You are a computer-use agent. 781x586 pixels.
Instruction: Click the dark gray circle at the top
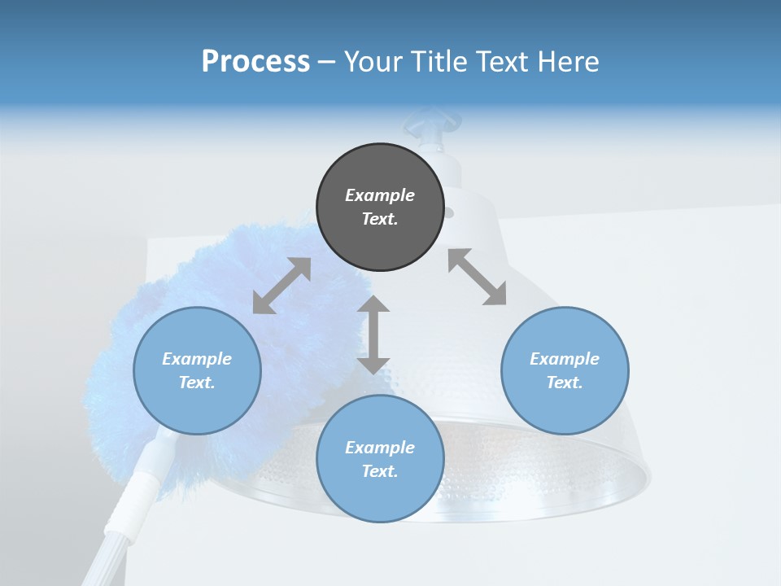point(380,208)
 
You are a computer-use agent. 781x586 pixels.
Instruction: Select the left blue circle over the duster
point(197,370)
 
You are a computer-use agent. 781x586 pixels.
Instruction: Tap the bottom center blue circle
point(380,459)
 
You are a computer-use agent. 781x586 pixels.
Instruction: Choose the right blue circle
point(565,370)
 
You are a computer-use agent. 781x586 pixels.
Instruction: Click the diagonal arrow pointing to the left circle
point(281,285)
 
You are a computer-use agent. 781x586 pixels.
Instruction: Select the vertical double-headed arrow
point(373,335)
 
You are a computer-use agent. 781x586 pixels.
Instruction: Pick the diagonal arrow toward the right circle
point(477,277)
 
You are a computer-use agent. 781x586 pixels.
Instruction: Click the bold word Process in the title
point(255,61)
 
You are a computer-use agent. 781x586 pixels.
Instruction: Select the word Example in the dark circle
point(380,195)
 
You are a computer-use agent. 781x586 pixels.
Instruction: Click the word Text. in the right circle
point(565,383)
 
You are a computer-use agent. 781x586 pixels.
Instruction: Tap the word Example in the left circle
point(197,359)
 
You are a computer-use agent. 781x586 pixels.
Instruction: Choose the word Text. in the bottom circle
point(380,471)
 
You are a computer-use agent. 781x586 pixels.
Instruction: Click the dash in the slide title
point(327,62)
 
